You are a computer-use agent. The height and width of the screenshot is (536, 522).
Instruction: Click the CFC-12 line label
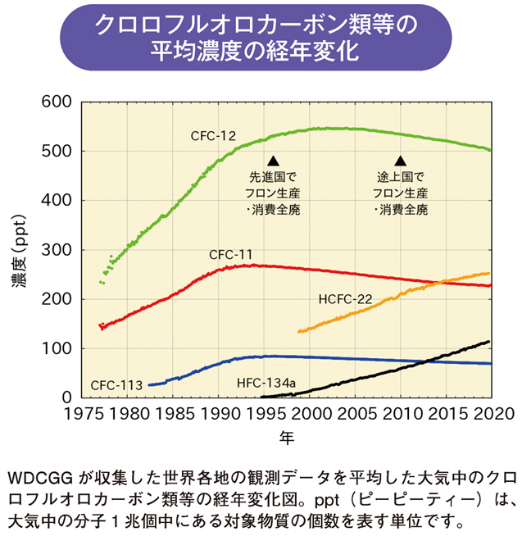coord(214,134)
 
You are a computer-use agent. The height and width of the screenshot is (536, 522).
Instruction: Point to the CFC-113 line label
coord(117,384)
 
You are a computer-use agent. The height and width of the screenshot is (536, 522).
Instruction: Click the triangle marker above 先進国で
coord(274,161)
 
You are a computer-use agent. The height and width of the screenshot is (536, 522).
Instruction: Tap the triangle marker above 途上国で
coord(401,161)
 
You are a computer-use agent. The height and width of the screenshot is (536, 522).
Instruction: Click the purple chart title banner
coord(261,38)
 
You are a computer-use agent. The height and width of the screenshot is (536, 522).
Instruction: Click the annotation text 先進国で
coord(274,177)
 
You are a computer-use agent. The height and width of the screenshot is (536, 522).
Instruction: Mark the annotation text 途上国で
coord(401,177)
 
